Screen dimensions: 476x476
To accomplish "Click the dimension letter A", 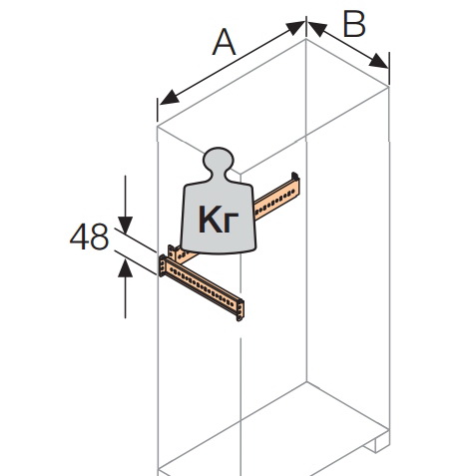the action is point(224,42).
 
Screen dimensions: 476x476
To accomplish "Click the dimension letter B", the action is point(354,24).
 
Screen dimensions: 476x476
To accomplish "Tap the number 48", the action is point(89,237).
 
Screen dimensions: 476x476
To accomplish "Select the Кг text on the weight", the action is point(218,220).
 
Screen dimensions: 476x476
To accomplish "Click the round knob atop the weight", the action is point(219,160).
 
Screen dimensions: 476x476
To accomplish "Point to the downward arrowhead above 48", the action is point(126,225).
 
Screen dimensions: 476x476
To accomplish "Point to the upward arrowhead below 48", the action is point(126,268).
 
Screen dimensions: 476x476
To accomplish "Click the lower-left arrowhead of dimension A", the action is point(169,98).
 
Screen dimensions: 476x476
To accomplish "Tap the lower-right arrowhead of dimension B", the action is point(378,61).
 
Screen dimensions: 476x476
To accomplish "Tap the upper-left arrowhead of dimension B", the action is point(316,29).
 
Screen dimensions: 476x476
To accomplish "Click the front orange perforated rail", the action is point(202,286).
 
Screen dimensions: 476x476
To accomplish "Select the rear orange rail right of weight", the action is point(276,199).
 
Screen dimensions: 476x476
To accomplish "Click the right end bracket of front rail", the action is point(239,310).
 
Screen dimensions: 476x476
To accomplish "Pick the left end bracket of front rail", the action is point(163,265).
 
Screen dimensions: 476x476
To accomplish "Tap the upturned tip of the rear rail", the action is point(294,177).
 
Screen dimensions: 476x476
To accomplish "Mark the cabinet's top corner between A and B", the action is point(305,40).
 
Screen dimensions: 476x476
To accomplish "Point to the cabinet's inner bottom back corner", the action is point(306,382).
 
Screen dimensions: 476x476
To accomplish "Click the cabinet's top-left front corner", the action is point(158,127).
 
